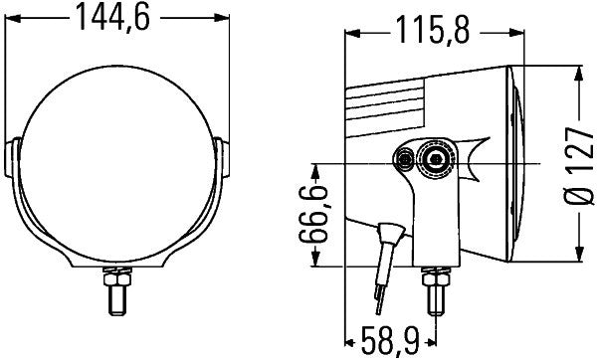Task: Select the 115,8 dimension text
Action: pos(430,30)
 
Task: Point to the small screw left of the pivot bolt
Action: pos(405,159)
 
